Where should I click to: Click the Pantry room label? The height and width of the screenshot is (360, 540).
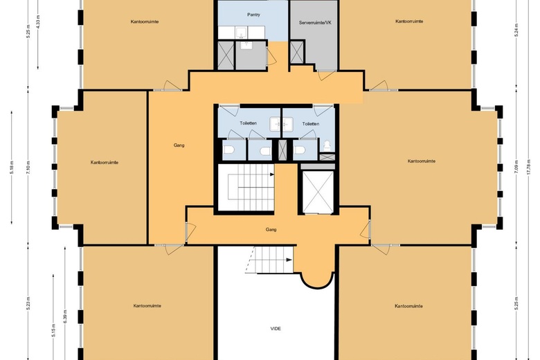[253, 14]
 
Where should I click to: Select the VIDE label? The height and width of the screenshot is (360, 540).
[276, 328]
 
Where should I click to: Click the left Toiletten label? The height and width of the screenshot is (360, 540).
[248, 123]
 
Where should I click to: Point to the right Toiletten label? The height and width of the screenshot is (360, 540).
[311, 123]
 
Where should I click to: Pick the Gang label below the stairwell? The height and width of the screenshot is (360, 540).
[271, 228]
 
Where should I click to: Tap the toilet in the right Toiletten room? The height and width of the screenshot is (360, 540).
[300, 149]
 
